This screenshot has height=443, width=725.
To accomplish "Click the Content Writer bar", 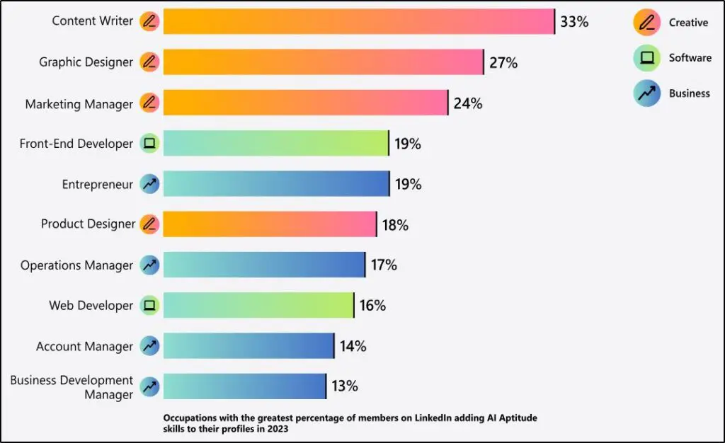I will tap(358, 21).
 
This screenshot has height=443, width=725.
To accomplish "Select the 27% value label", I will tap(503, 62).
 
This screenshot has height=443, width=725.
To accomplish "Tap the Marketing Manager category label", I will tap(79, 104).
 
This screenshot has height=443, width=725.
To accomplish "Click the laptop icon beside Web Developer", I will tap(149, 306).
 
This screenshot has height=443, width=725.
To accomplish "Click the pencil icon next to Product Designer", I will tap(149, 224).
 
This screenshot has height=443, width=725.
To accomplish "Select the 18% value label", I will tap(394, 225).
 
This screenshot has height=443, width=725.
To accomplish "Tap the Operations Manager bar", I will tap(263, 265).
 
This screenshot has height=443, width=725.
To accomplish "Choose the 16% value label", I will tap(372, 306).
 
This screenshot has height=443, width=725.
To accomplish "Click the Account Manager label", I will tap(84, 347).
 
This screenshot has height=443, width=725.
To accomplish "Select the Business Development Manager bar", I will tap(244, 386).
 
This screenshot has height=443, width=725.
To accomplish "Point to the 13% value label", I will tap(345, 386).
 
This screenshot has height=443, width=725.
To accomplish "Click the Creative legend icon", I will tap(646, 23).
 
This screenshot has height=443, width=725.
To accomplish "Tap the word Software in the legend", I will tap(690, 58).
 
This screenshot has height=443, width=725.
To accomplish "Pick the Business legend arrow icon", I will tap(646, 93).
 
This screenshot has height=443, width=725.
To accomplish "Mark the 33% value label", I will tap(574, 21).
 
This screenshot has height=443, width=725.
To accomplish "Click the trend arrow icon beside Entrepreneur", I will tap(149, 184).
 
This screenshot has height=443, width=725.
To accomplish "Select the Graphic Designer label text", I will tap(86, 62).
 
